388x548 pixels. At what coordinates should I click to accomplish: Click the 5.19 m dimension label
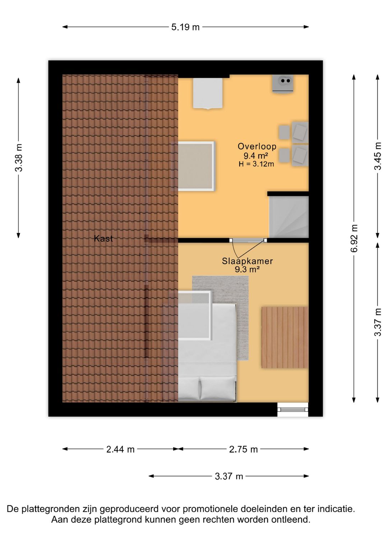185,27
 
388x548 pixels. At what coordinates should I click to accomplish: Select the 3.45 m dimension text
378,156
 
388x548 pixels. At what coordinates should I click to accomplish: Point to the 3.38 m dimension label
19,158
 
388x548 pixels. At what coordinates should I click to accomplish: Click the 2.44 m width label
120,449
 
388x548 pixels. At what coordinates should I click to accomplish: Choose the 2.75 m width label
243,449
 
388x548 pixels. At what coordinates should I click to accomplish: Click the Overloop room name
257,146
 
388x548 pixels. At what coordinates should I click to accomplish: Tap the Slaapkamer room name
247,261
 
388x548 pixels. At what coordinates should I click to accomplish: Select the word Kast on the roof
103,238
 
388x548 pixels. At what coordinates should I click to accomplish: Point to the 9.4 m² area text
255,155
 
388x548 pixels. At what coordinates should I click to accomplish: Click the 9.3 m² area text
247,270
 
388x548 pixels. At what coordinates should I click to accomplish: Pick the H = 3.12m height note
256,164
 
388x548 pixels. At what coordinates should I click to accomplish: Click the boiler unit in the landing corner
283,84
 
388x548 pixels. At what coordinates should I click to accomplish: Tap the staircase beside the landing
289,217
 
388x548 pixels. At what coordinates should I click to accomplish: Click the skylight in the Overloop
193,166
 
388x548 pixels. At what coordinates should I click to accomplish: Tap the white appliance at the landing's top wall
208,93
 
